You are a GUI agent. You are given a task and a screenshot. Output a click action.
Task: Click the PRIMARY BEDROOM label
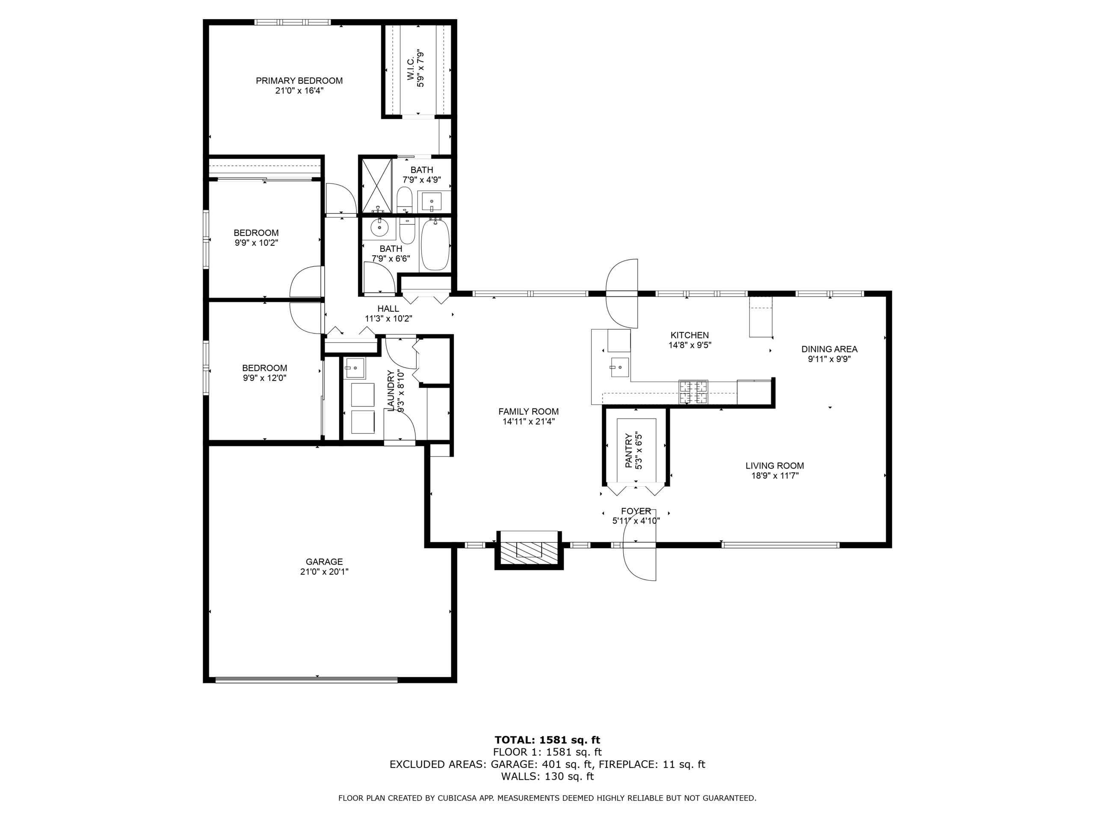click(299, 81)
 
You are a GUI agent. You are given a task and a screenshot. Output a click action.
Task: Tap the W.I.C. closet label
click(411, 69)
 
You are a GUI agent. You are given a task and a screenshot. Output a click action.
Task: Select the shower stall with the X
click(377, 186)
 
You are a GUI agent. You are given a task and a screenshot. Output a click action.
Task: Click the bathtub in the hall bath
click(435, 245)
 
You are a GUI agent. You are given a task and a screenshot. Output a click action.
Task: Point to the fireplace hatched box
click(529, 550)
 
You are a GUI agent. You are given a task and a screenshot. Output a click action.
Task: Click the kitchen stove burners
click(693, 392)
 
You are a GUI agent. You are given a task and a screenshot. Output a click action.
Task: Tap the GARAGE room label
click(324, 562)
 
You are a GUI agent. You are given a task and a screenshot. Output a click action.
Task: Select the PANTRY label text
click(629, 451)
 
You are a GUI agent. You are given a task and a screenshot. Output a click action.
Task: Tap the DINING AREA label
click(829, 349)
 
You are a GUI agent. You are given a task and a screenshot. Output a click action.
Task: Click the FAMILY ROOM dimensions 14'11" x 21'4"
click(528, 422)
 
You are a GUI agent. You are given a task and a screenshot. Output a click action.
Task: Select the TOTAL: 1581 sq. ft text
click(547, 740)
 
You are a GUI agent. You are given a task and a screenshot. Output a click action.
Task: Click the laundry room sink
click(355, 368)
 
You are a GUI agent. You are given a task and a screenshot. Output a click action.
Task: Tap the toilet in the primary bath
click(405, 200)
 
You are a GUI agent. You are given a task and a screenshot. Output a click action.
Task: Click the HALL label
click(388, 309)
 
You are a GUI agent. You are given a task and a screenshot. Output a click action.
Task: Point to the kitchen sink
click(619, 367)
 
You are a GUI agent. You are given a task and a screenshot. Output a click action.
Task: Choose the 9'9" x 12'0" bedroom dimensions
click(264, 378)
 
